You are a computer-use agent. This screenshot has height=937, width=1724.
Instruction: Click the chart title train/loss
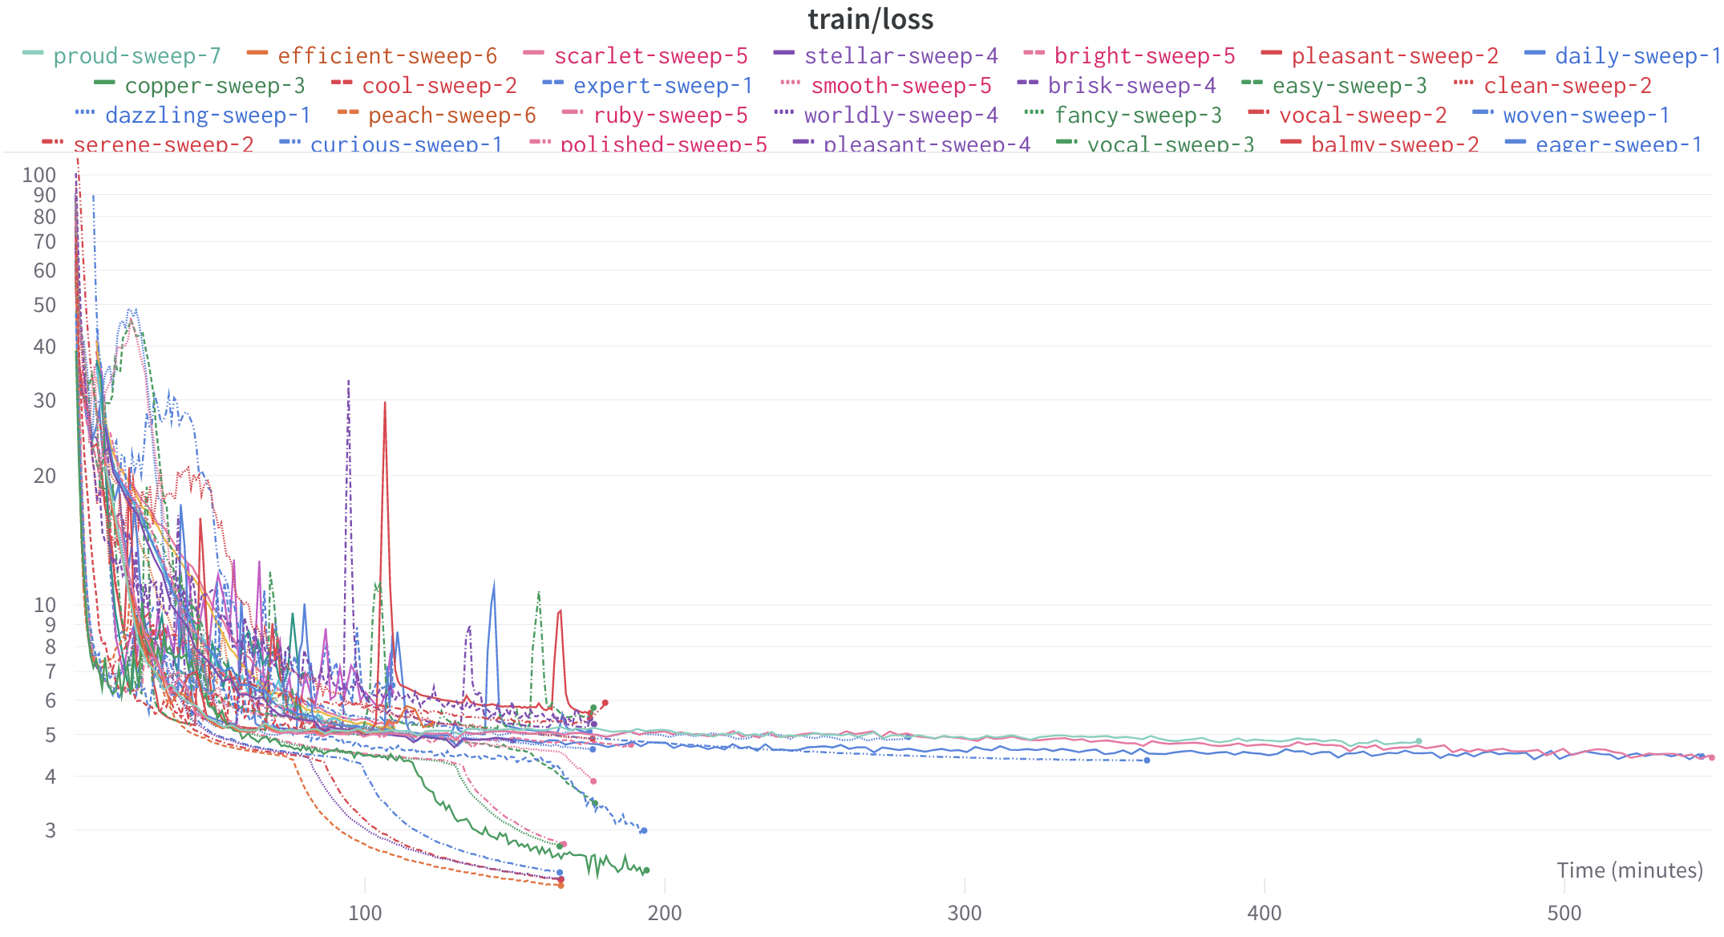[870, 19]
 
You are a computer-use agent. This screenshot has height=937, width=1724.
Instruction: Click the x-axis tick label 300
[965, 913]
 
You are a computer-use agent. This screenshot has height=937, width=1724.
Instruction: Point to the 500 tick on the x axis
[1564, 913]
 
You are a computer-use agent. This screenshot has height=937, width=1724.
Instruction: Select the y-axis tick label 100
[39, 175]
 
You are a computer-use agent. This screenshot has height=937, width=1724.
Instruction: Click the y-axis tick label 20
[45, 476]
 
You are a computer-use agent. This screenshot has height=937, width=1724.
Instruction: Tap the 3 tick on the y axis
[51, 830]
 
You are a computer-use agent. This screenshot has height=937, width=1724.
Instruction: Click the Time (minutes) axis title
[1629, 870]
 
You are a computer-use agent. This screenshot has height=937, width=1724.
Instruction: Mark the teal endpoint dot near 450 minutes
[1418, 741]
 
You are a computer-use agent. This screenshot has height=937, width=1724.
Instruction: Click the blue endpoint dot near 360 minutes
[1147, 761]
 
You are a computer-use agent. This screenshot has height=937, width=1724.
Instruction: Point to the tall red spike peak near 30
[385, 403]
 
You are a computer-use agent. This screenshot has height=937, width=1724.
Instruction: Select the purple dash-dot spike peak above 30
[349, 381]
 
